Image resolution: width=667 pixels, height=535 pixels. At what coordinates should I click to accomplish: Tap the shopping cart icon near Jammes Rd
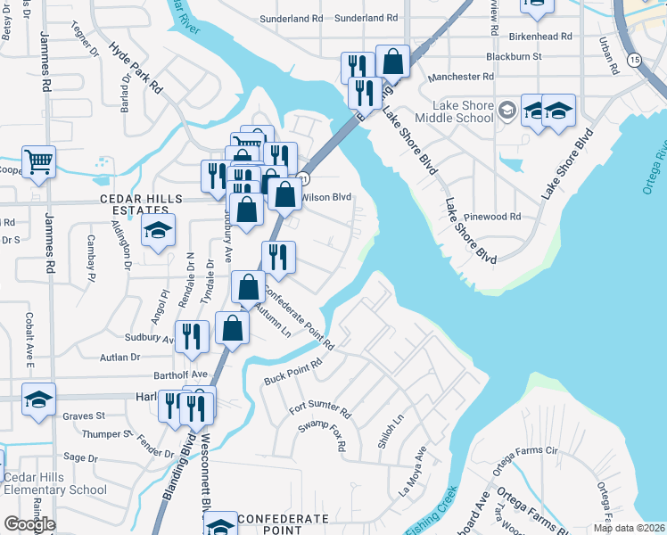[x=38, y=162]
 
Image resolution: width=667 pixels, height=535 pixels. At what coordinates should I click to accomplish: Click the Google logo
[x=29, y=524]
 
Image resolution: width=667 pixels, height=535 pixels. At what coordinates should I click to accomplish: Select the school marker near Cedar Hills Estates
[x=158, y=231]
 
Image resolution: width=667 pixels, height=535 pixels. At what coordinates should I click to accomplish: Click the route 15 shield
[x=634, y=60]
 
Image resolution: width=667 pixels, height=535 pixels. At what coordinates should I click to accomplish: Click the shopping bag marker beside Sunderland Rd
[x=392, y=62]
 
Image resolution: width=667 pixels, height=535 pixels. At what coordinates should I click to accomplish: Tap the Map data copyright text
[x=630, y=528]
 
